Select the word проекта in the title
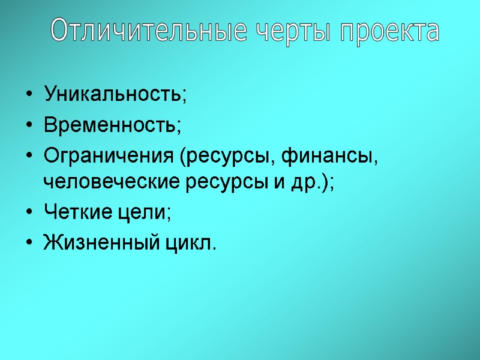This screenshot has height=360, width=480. click(x=389, y=31)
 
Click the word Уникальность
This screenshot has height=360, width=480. click(x=114, y=94)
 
